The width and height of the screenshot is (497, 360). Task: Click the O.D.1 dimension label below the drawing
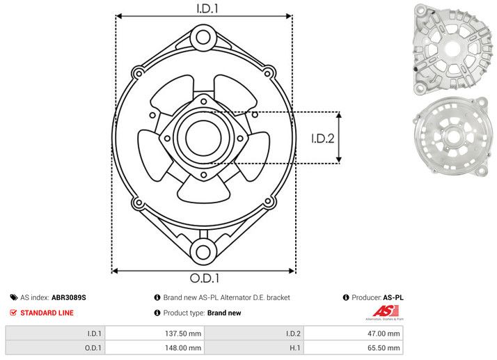[x=203, y=279]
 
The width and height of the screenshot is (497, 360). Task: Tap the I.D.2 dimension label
[x=323, y=138]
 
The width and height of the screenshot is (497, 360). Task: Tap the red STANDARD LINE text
[x=47, y=313]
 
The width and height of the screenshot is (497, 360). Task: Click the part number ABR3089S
[x=69, y=297]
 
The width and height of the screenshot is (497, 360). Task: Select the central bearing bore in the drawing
[x=203, y=135]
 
